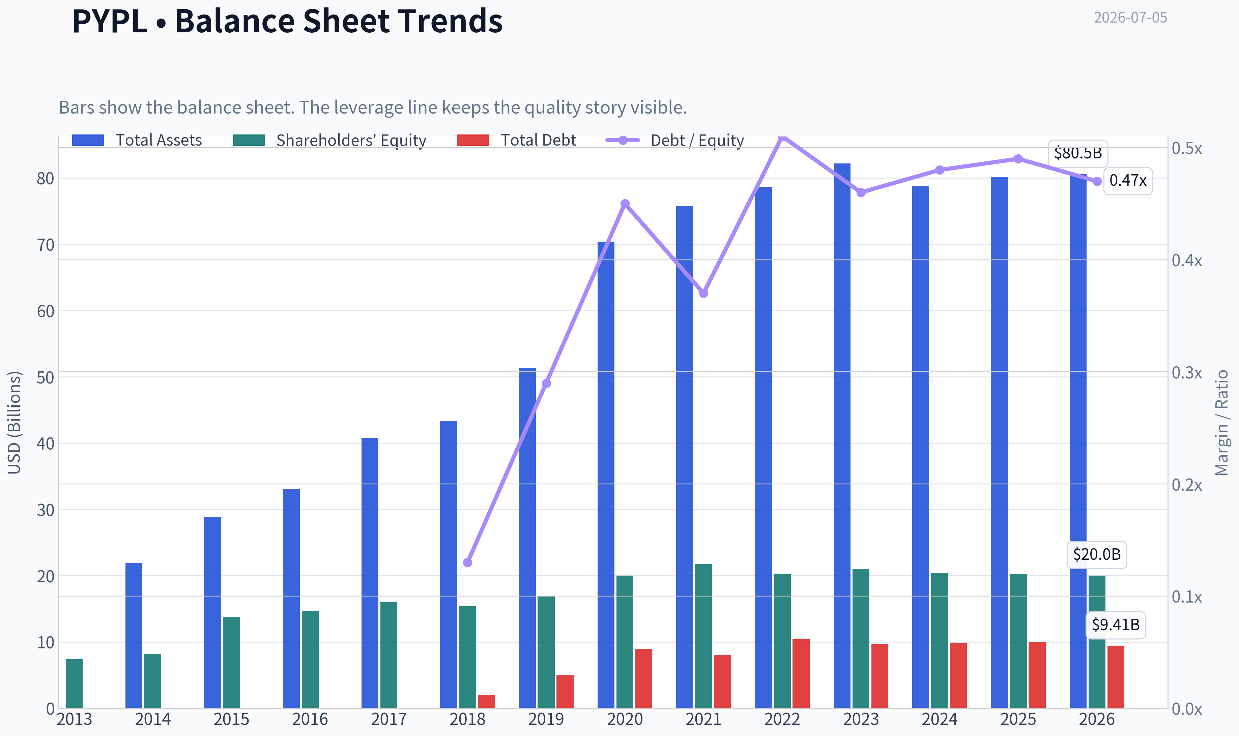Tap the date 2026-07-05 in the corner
(x=1130, y=18)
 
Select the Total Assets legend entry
(x=137, y=140)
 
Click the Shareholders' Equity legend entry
(x=329, y=140)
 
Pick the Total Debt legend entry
(x=517, y=140)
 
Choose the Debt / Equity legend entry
(x=675, y=140)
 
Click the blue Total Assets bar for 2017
(x=370, y=573)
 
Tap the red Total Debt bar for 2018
(x=486, y=701)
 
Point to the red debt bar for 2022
(x=801, y=674)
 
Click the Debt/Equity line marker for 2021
(x=703, y=293)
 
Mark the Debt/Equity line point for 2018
(x=467, y=562)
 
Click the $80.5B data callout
(x=1078, y=153)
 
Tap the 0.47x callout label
(x=1128, y=181)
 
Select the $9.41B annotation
(x=1116, y=625)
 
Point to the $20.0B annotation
(x=1097, y=554)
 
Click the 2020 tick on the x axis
(x=625, y=719)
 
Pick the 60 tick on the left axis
(x=45, y=311)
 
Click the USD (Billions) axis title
(x=15, y=423)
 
